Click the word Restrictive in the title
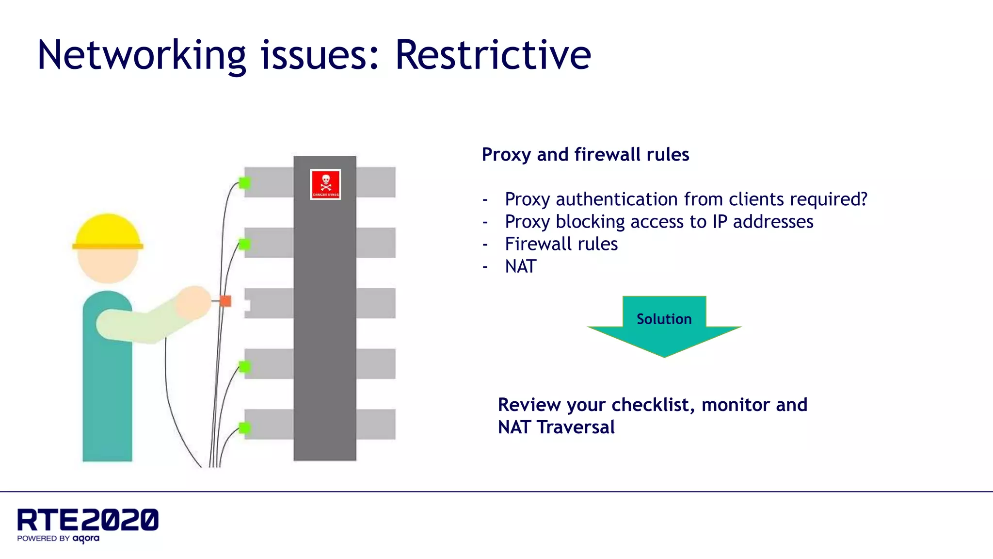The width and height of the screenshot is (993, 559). click(493, 55)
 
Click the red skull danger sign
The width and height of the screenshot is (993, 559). click(325, 184)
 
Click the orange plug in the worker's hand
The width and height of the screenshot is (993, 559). click(225, 301)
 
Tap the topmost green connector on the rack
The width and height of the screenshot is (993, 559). click(245, 183)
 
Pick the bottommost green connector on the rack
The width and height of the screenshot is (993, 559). click(245, 427)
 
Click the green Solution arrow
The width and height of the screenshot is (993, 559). click(664, 325)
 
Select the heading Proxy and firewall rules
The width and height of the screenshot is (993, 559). click(585, 154)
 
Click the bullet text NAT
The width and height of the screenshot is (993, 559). click(521, 266)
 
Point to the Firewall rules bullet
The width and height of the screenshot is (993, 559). click(561, 244)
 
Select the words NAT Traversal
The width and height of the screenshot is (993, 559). click(556, 427)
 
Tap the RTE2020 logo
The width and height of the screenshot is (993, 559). click(88, 520)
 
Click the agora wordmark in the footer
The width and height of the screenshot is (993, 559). click(86, 538)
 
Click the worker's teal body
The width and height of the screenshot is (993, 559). click(107, 398)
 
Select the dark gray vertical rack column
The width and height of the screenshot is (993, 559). click(325, 315)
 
